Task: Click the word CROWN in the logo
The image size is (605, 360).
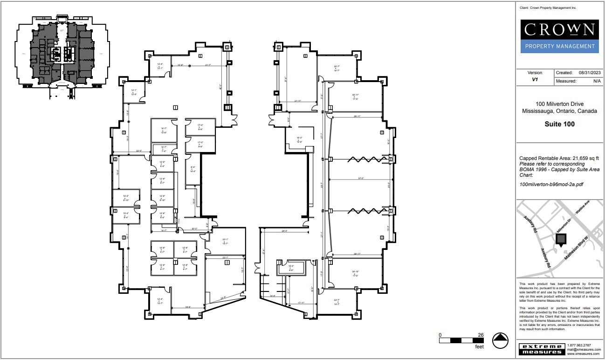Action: coord(559,30)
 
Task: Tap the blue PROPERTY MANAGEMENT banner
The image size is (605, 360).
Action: coord(559,46)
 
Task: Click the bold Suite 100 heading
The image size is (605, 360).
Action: coord(559,124)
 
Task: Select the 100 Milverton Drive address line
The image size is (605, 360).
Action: coord(559,104)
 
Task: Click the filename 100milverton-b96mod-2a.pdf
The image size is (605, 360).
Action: coord(551,184)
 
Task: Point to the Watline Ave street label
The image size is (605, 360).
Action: coord(583,208)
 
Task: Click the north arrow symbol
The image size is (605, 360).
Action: coord(500,340)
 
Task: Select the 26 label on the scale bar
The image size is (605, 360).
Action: coord(481,335)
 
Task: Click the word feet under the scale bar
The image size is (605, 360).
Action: coord(479,346)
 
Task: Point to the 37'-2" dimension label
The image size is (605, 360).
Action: coord(360,179)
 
